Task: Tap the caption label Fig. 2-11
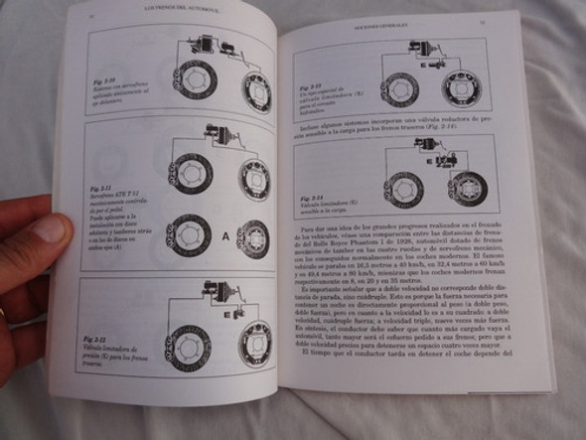[x=102, y=187]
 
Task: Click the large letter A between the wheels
[x=224, y=237]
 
